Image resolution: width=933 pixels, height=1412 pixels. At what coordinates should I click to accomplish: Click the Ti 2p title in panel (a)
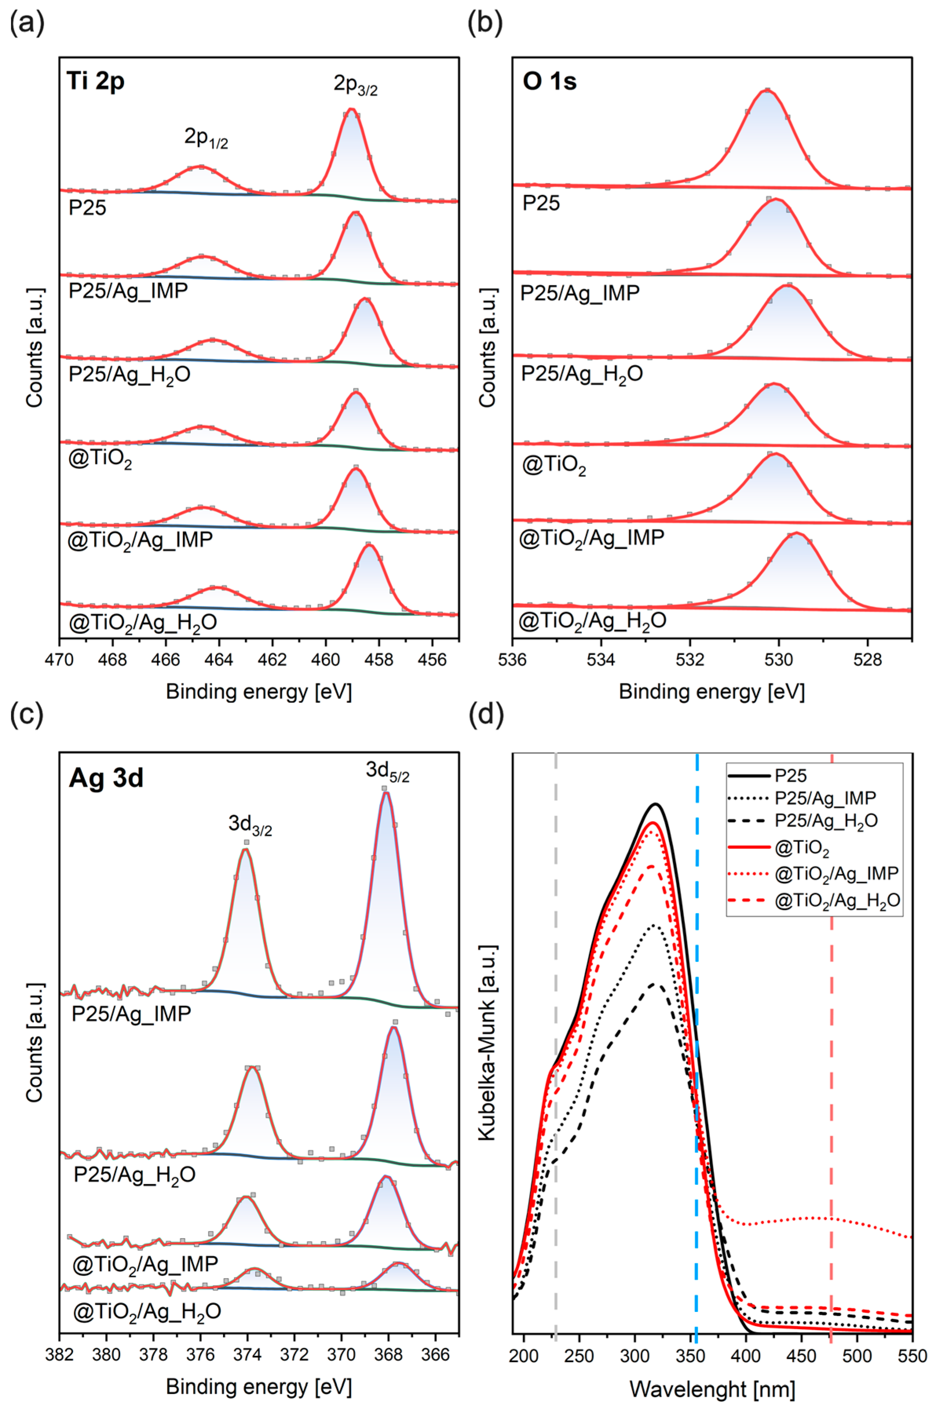(x=95, y=81)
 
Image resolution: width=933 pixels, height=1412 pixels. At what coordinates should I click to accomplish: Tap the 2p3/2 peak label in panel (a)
(x=355, y=85)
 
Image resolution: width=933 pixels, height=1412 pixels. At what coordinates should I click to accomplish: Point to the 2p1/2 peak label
(x=206, y=138)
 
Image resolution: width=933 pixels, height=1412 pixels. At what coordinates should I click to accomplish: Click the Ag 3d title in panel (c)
(x=106, y=777)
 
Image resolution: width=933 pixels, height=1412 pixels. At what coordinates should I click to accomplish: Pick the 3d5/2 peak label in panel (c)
(x=387, y=772)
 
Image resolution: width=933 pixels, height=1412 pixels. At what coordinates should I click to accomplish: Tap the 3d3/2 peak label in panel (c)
(x=250, y=825)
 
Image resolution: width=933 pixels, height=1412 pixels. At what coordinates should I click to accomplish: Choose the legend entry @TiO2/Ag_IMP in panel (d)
(x=836, y=874)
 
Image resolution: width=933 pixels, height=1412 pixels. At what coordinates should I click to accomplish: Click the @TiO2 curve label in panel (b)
(x=553, y=466)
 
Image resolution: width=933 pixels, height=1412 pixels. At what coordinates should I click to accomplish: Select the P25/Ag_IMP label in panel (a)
(x=128, y=291)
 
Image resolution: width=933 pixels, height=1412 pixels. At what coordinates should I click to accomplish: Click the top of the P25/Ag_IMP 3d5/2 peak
(x=386, y=792)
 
